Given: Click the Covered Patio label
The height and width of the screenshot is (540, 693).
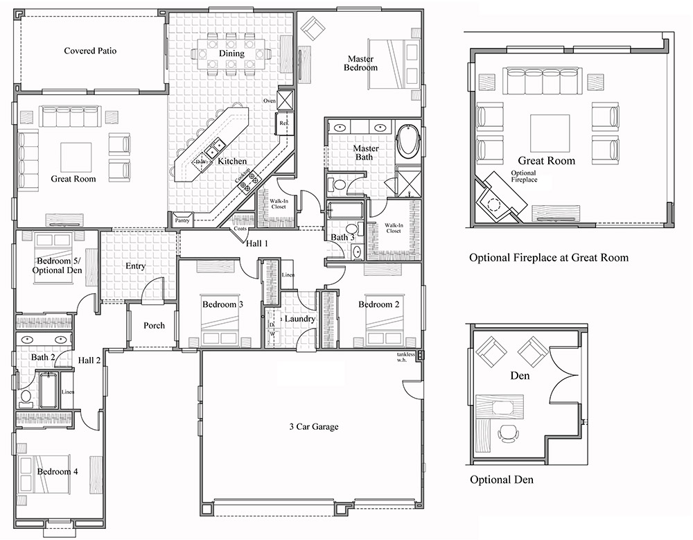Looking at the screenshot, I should pos(89,51).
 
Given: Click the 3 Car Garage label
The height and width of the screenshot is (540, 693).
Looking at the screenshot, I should pos(314,426).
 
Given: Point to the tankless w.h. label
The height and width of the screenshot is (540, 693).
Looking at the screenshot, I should pos(405,357).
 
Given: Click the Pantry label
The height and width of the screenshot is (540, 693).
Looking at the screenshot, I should pos(182,220).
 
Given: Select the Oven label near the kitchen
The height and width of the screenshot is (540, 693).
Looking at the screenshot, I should pos(270,101).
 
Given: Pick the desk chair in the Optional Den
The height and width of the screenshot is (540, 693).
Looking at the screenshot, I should pos(509,434).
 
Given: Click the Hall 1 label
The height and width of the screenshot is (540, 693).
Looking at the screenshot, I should pos(256,243).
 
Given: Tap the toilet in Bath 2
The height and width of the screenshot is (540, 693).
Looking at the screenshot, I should pos(26,397).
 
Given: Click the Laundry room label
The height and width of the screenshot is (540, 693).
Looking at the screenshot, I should pos(300,319).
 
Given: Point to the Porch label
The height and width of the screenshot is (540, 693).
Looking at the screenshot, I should pos(154,325).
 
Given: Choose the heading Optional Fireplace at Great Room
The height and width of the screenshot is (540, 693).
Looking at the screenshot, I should pos(548,257).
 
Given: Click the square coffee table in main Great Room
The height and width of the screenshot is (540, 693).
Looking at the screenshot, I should pos(76,156).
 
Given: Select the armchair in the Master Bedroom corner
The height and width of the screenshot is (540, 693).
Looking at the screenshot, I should pos(313,28).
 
